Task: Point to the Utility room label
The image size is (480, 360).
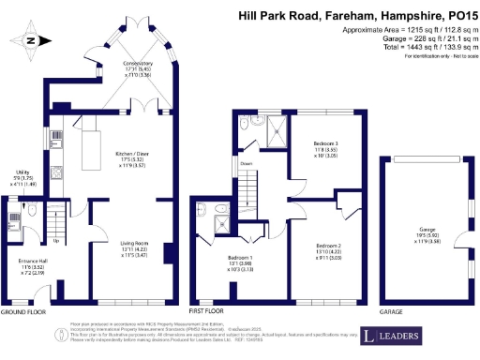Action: pos(22,173)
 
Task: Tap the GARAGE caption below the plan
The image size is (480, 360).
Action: pos(391,310)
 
